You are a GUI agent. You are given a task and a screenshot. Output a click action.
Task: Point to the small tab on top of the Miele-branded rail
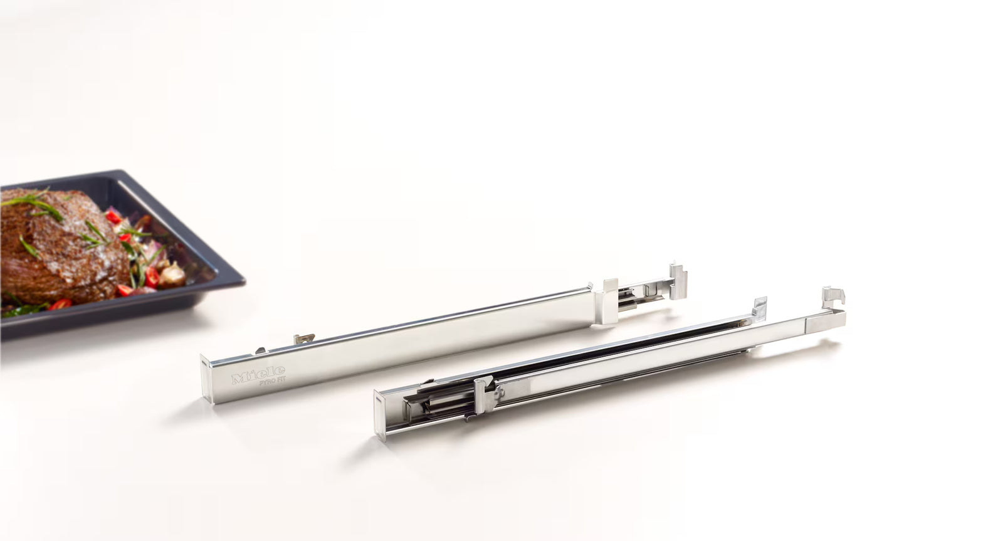click(305, 339)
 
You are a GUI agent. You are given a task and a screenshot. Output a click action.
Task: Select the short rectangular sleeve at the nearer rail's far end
click(824, 321)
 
